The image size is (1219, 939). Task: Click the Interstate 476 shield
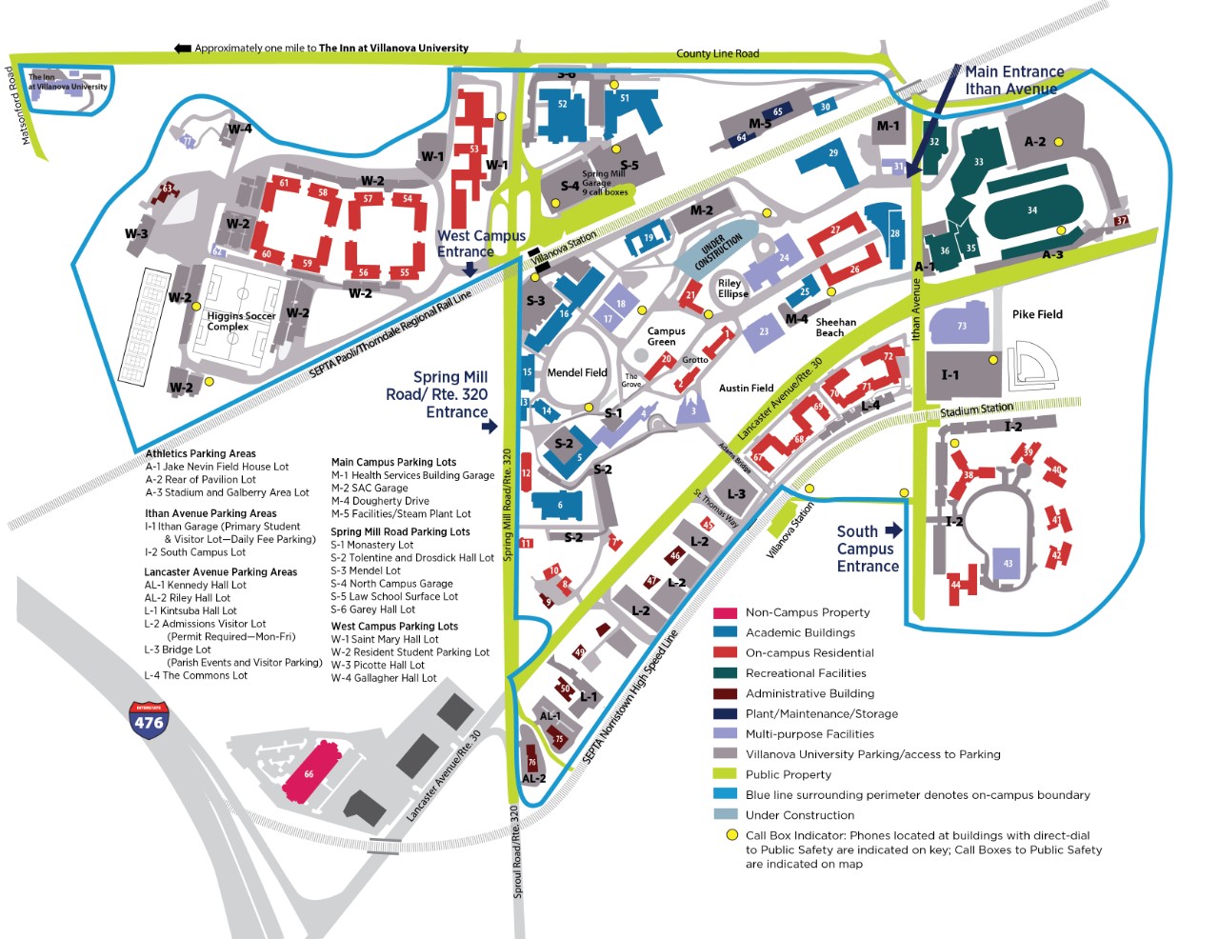[149, 721]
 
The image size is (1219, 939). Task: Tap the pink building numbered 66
[310, 772]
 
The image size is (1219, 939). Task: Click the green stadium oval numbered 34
[1032, 210]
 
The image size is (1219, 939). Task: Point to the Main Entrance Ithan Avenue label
[1013, 80]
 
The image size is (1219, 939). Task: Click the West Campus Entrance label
[481, 243]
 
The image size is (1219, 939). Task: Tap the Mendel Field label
[577, 372]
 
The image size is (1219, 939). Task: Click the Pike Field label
[1037, 314]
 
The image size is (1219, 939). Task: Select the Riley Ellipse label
[733, 288]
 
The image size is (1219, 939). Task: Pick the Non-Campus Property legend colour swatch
[726, 612]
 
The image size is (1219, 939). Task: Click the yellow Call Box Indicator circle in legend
[732, 835]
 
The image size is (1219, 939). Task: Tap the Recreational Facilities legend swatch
[726, 673]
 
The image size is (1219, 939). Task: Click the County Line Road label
[717, 54]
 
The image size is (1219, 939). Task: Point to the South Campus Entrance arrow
[892, 530]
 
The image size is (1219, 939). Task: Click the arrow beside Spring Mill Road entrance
[490, 426]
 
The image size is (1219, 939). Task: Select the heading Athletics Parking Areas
[200, 453]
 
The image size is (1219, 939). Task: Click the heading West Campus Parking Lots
[394, 626]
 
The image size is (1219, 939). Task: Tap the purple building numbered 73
[961, 324]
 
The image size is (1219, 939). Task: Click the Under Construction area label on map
[718, 250]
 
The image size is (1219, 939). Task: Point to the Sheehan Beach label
[835, 328]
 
